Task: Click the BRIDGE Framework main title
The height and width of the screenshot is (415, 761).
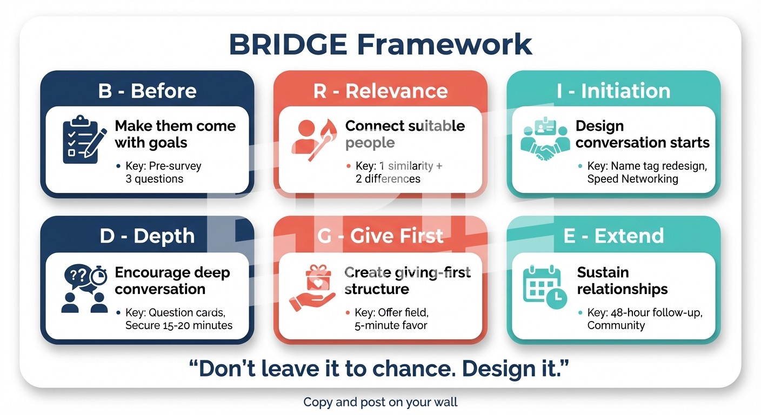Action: [x=380, y=44]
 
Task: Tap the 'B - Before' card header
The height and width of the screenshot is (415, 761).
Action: [x=147, y=91]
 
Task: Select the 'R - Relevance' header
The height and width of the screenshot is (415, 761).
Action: [x=380, y=91]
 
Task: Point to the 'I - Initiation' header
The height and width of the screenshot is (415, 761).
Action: [x=613, y=91]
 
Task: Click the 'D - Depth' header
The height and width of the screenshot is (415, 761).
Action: [x=147, y=236]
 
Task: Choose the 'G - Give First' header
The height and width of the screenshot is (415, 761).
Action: [x=380, y=236]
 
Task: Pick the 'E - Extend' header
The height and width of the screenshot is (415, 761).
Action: [x=613, y=236]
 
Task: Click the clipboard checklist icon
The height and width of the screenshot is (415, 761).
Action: [x=81, y=139]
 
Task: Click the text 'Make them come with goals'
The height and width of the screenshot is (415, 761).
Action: [x=175, y=134]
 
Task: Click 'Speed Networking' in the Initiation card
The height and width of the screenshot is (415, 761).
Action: [x=632, y=179]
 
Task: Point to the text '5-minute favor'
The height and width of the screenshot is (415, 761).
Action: [x=391, y=325]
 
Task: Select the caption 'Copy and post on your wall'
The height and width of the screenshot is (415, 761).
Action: [x=380, y=402]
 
